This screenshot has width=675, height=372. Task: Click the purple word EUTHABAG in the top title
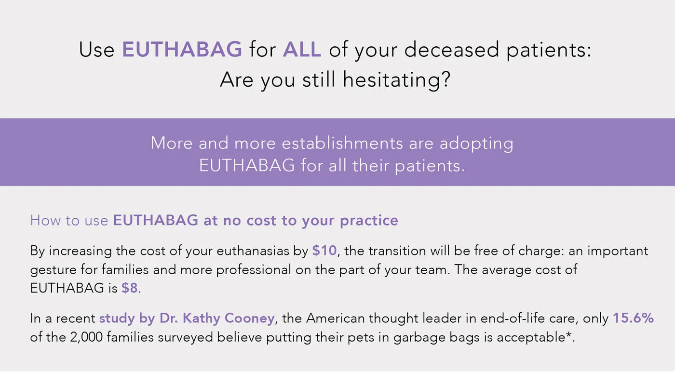coord(182,50)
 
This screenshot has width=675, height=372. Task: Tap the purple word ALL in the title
coord(302,50)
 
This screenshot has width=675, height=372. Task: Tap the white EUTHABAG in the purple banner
coord(247,165)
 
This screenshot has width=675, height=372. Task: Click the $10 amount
coord(324,251)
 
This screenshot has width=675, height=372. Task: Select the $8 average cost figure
coord(130,288)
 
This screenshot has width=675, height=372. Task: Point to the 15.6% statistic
coord(633,319)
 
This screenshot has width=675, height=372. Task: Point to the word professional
coord(253,269)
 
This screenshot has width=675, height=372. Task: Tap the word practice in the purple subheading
coord(369,221)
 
